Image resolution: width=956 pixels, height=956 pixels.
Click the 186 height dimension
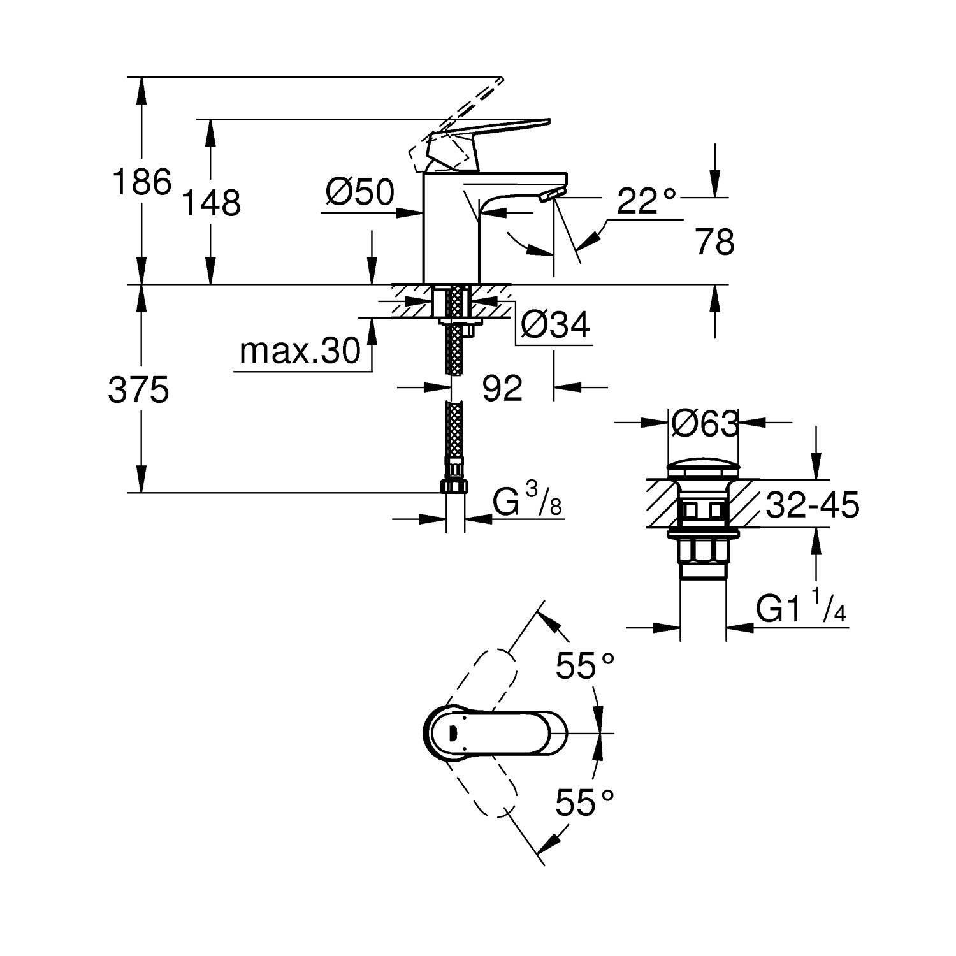click(141, 182)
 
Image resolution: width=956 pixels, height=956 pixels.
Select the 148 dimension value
click(212, 203)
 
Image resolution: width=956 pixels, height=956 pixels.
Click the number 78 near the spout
click(715, 243)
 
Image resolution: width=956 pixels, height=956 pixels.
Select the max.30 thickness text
click(300, 351)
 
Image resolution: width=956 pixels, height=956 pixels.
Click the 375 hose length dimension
click(138, 389)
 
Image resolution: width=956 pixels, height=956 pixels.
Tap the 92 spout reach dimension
click(502, 388)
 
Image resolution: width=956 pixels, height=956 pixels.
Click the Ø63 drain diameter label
click(705, 423)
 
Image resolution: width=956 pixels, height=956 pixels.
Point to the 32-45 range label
click(812, 505)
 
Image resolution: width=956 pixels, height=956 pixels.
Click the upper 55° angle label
click(584, 667)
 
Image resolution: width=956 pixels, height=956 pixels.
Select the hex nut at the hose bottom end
click(454, 487)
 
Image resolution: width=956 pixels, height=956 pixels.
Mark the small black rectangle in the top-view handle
click(454, 734)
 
